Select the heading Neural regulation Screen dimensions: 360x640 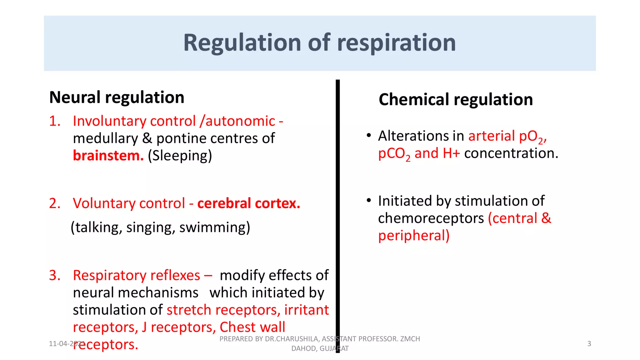(117, 97)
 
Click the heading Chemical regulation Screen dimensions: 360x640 (456, 99)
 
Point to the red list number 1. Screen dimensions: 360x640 (54, 121)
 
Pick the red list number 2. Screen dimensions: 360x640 (54, 203)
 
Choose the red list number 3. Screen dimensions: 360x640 (54, 275)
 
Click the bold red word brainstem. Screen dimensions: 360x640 (108, 155)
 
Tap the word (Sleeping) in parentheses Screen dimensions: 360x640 (180, 156)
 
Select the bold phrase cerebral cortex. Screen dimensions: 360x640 (249, 203)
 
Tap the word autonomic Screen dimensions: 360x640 (240, 121)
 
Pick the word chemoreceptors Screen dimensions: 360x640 (431, 218)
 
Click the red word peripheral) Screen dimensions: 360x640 (414, 236)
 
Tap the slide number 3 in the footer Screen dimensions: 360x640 (589, 344)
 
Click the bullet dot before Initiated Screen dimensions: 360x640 (369, 200)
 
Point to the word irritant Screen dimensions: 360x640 (306, 310)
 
